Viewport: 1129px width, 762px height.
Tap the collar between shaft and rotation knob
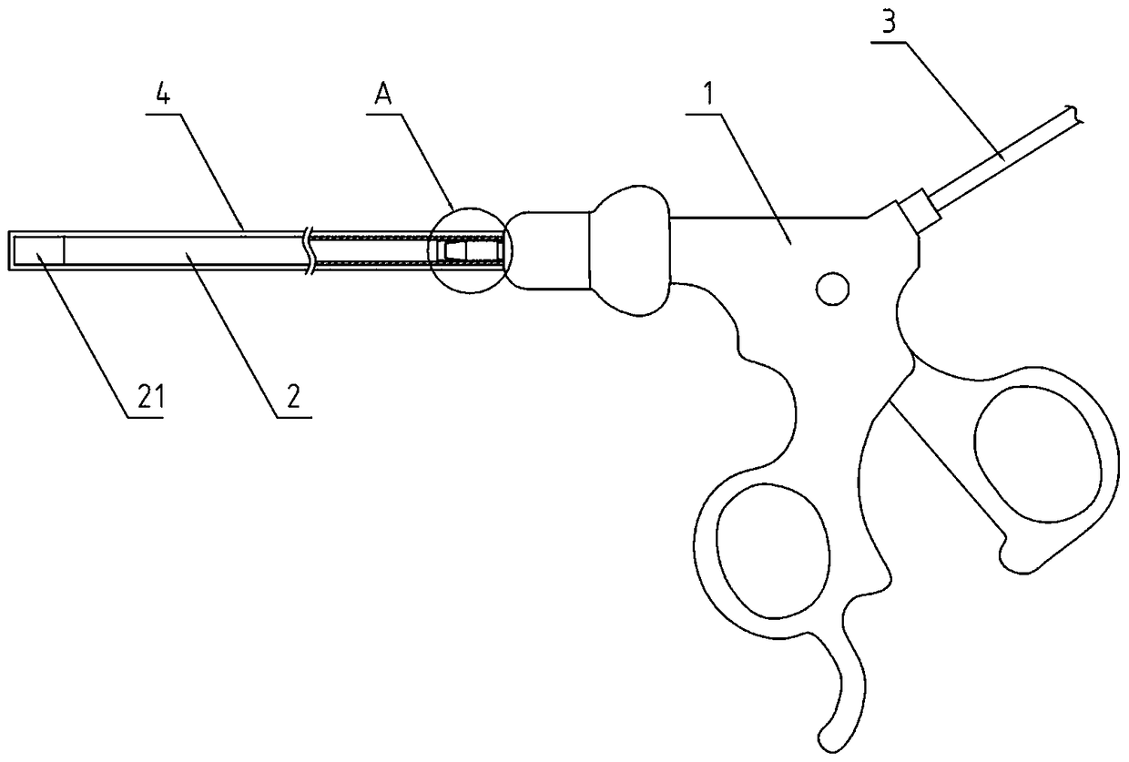click(547, 249)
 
